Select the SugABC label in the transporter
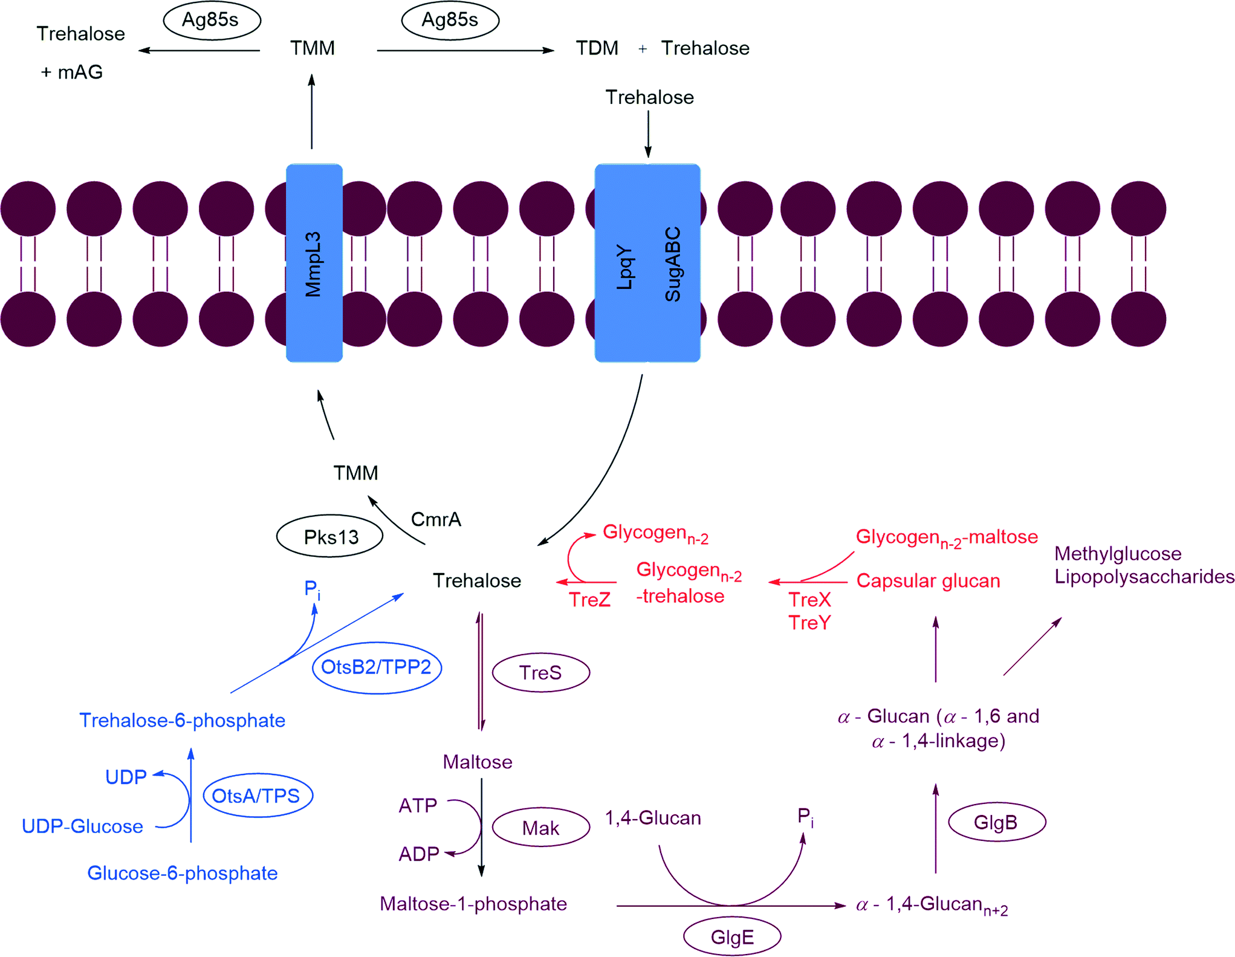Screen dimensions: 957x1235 pos(673,264)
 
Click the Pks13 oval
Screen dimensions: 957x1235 pos(330,536)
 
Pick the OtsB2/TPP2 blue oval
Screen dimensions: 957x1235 pos(377,667)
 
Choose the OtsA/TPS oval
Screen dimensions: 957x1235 pos(258,796)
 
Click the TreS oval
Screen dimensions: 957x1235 pos(541,672)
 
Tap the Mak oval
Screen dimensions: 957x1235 pos(541,828)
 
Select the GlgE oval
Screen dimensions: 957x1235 pos(732,936)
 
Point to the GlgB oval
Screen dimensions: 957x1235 pos(997,822)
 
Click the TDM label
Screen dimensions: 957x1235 pos(597,48)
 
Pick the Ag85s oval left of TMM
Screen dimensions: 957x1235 pos(212,20)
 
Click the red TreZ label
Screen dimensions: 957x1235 pos(589,600)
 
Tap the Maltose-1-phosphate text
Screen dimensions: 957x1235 pos(473,904)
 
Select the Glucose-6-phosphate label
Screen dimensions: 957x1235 pos(183,873)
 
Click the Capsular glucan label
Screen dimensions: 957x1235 pos(928,581)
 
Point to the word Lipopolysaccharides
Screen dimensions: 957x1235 pos(1144,577)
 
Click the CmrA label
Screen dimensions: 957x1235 pos(436,519)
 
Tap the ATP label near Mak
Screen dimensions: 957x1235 pos(418,806)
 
